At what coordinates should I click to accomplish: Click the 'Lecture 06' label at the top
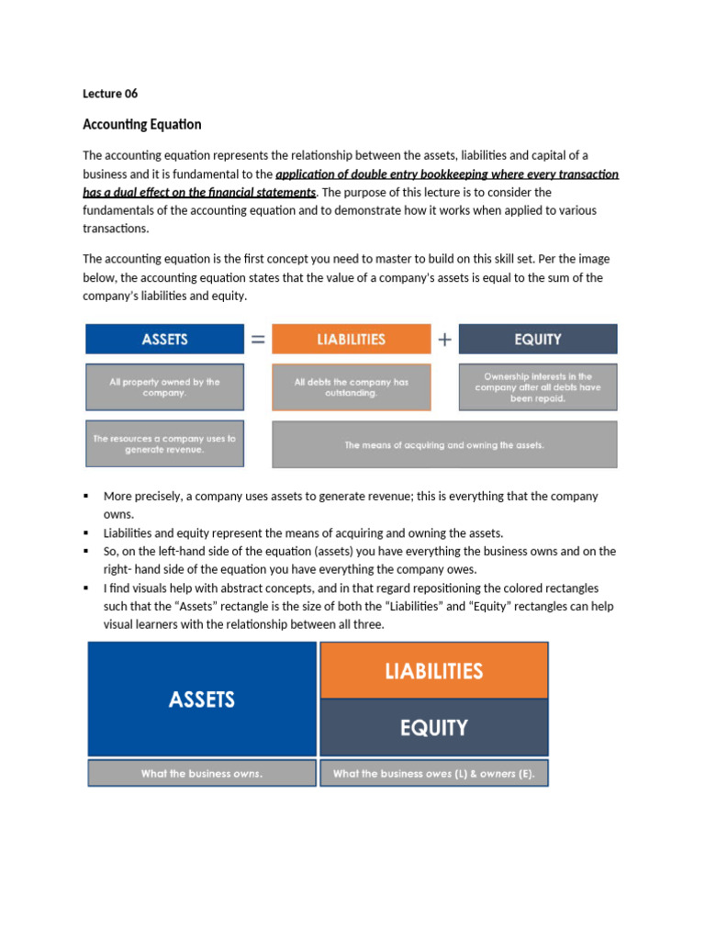click(x=110, y=94)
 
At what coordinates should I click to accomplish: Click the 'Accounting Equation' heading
click(x=142, y=124)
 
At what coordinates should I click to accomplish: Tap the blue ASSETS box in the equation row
click(x=164, y=339)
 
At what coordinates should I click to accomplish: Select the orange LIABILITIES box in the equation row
click(x=351, y=339)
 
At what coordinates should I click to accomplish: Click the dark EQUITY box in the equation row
click(x=538, y=339)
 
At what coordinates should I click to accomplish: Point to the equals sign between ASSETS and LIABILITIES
click(x=258, y=339)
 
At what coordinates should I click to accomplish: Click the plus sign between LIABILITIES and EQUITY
click(x=445, y=339)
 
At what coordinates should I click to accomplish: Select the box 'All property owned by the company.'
click(x=164, y=386)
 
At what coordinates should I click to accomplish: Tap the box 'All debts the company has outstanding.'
click(x=351, y=386)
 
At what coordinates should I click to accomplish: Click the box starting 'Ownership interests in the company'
click(x=538, y=386)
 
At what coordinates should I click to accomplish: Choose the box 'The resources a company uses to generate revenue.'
click(x=164, y=444)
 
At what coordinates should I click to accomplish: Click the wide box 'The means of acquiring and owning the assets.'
click(x=444, y=444)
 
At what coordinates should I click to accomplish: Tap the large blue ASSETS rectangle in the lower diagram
click(x=202, y=699)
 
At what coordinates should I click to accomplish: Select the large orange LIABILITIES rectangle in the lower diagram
click(x=433, y=670)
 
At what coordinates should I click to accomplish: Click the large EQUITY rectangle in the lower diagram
click(x=433, y=727)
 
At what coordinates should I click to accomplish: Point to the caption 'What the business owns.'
click(x=202, y=773)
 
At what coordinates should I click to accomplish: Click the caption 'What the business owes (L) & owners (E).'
click(x=433, y=773)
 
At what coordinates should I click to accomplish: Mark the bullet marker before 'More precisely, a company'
click(x=86, y=496)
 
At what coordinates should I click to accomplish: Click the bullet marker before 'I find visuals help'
click(x=86, y=587)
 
